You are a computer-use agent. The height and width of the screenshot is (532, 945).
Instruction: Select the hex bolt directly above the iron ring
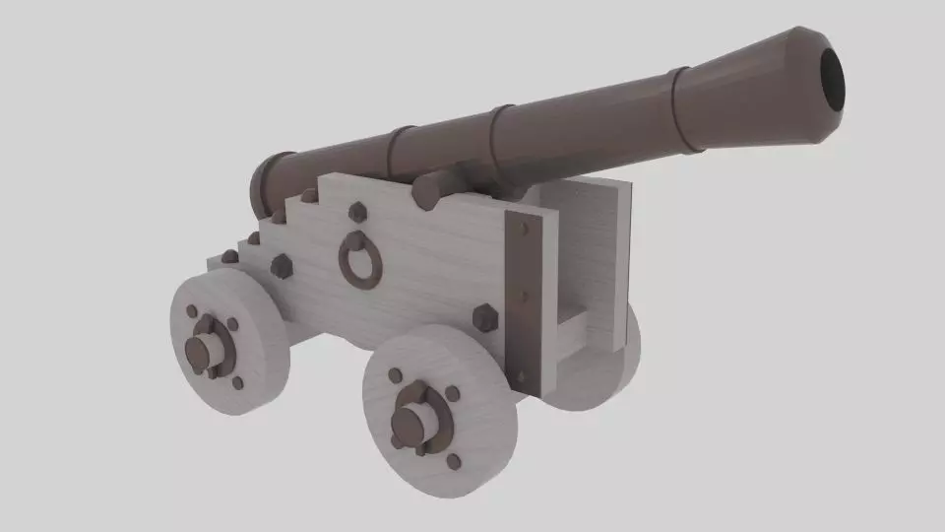tap(357, 212)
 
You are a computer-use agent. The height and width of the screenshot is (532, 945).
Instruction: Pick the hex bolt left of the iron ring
tap(281, 266)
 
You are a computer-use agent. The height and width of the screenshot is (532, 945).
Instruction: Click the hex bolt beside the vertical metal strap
tap(484, 318)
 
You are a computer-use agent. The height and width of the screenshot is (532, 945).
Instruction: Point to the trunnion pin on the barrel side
tap(427, 190)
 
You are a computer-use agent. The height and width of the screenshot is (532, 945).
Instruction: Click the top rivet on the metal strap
tap(523, 229)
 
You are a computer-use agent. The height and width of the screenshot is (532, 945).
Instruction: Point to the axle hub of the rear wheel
tap(204, 350)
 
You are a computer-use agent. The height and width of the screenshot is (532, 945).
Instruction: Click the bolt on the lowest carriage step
tap(229, 256)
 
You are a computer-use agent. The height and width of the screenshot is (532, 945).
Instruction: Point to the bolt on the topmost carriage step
tap(308, 195)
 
